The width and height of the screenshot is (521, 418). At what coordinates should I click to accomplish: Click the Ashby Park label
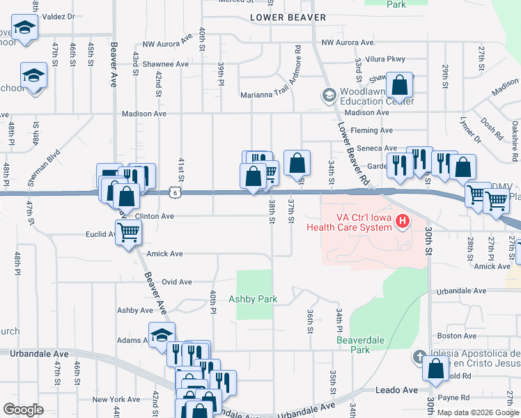click(x=253, y=299)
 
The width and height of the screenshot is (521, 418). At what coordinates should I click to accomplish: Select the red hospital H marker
click(x=402, y=222)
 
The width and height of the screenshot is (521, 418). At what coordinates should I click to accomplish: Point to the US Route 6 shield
click(x=175, y=192)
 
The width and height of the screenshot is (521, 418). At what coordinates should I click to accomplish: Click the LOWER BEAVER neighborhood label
click(x=288, y=17)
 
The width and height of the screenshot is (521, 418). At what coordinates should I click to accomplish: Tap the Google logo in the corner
click(x=24, y=410)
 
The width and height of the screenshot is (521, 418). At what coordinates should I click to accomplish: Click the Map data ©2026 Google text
click(x=477, y=412)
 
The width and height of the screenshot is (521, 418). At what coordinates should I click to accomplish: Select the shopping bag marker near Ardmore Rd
click(x=297, y=164)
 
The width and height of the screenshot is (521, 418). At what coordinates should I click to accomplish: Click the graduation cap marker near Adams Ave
click(x=162, y=335)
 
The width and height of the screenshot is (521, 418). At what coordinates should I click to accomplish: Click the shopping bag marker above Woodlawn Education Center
click(x=400, y=86)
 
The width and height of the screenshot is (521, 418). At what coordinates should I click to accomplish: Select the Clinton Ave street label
click(x=154, y=216)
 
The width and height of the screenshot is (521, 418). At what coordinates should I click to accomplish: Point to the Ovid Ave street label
click(x=176, y=282)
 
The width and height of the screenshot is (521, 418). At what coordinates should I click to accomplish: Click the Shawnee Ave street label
click(x=162, y=64)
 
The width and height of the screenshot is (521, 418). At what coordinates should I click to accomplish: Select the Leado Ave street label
click(x=396, y=391)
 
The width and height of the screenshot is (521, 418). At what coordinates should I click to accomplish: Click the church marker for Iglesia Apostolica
click(x=418, y=357)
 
